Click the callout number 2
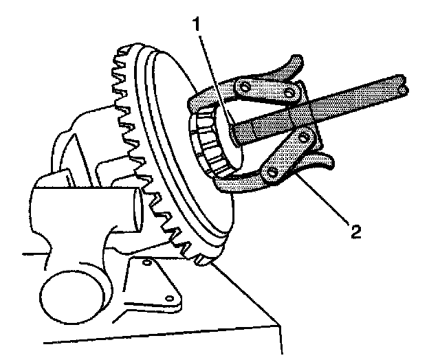pos(355,231)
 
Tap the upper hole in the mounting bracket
pos(146,263)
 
